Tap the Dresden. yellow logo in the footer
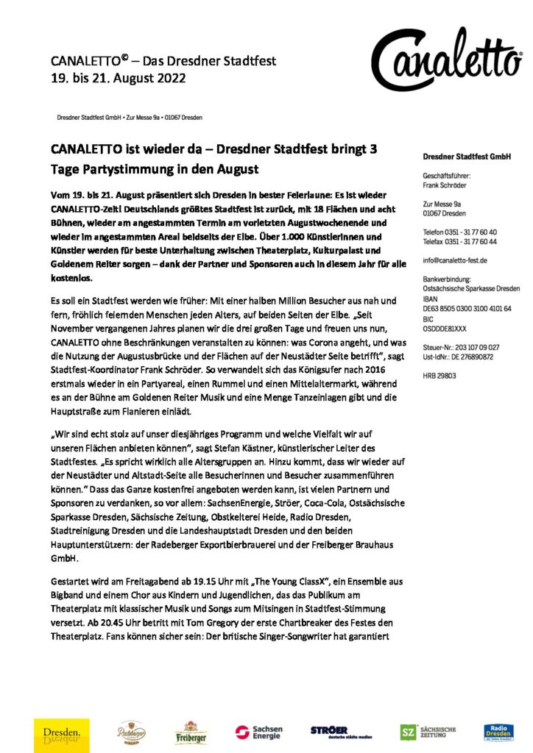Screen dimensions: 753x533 click(x=61, y=734)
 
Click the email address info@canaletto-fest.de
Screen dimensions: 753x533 click(x=454, y=260)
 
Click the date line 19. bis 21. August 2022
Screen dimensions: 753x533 click(x=119, y=77)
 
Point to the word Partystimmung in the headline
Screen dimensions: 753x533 click(x=139, y=171)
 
